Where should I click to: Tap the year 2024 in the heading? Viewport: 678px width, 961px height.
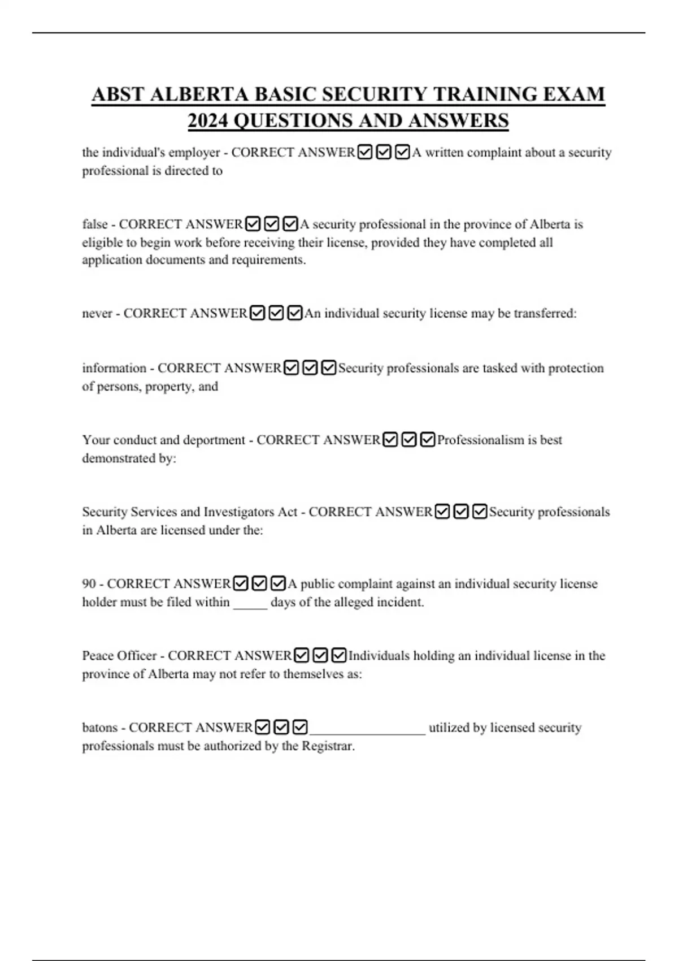(207, 120)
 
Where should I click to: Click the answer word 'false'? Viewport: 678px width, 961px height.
(95, 224)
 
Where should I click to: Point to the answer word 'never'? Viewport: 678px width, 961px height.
(97, 314)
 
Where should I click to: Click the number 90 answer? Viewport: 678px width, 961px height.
(89, 584)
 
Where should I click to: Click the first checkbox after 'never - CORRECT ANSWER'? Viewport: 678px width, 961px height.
(258, 313)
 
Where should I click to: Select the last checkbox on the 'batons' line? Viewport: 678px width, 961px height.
(301, 727)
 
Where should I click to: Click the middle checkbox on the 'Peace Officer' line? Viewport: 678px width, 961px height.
(320, 655)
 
